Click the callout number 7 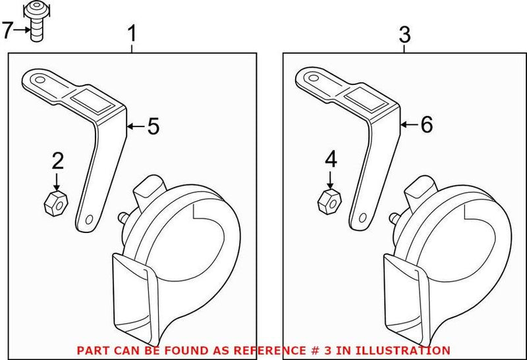8,30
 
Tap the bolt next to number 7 38,23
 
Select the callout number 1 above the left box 132,33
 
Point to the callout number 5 153,126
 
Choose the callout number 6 426,125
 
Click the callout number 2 58,160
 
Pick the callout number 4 331,159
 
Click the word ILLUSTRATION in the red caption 410,351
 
